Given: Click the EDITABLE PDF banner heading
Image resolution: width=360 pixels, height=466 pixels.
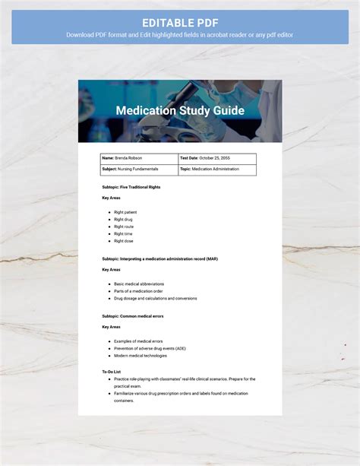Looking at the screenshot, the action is click(179, 22).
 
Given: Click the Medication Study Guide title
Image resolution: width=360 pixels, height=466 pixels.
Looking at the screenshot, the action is click(180, 111).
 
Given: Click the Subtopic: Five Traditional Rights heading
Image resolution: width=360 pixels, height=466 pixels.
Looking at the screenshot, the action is click(131, 186).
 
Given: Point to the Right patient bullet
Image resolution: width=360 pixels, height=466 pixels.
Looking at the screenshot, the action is click(125, 212).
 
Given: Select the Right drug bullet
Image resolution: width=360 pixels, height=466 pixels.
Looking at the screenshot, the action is click(123, 220).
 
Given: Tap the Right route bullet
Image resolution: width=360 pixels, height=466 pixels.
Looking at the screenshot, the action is click(124, 227).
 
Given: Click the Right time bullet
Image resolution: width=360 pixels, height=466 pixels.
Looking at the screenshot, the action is click(123, 233).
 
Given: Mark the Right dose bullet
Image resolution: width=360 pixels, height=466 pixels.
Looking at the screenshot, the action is click(123, 241).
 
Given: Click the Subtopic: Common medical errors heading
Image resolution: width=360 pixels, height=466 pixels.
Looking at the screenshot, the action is click(133, 315).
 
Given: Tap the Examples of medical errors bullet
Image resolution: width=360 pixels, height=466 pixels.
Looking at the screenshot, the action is click(138, 341).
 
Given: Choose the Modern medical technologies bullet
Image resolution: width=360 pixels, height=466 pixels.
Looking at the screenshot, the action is click(140, 355).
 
